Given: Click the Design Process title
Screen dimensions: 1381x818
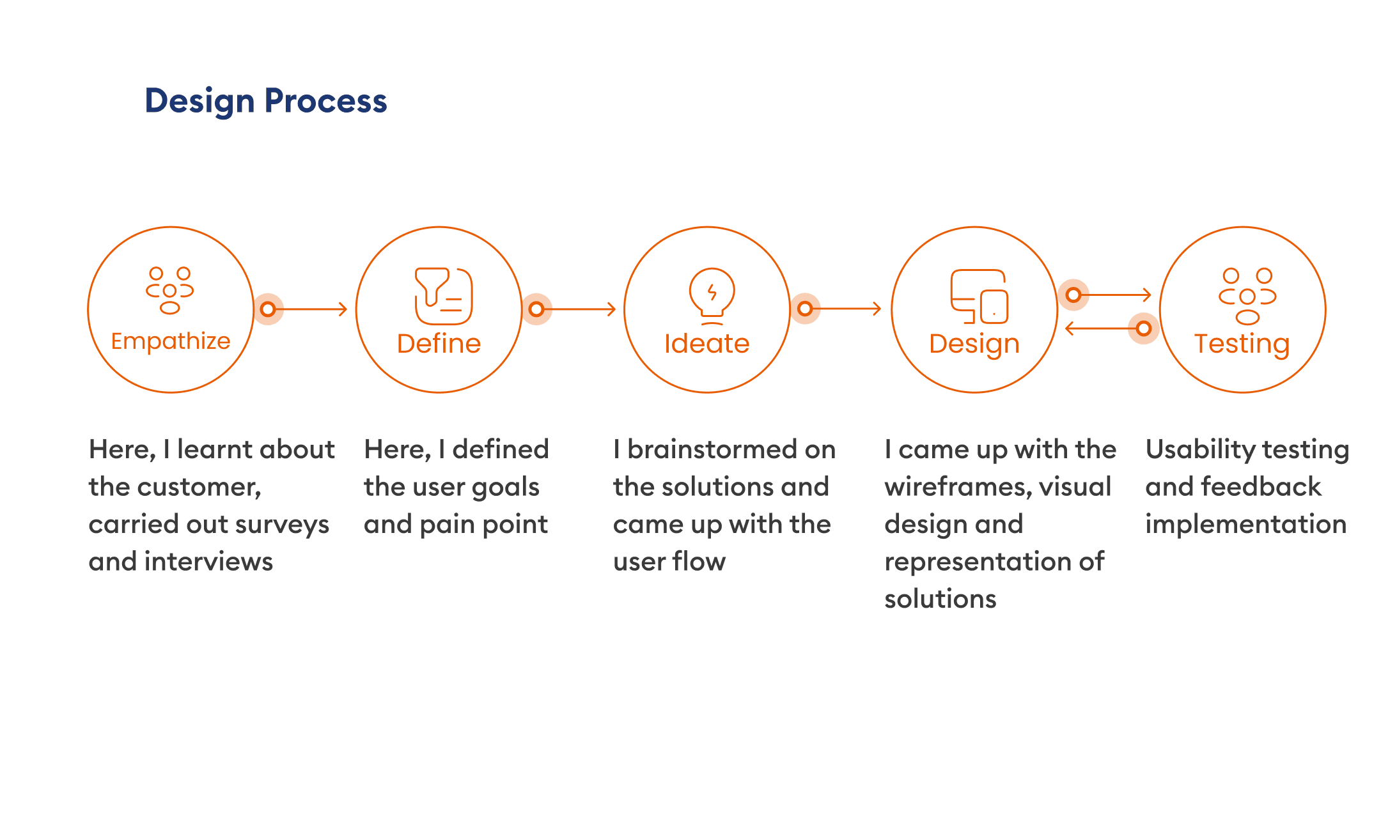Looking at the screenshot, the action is coord(266,101).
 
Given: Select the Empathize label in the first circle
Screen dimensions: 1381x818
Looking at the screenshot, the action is coord(171,341).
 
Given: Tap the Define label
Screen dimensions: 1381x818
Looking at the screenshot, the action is coord(439,344).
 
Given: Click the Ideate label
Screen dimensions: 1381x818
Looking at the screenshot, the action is coord(706,344).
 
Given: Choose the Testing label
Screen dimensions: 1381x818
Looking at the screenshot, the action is coord(1242,344).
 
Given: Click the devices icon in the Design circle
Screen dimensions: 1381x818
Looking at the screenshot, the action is coord(979,297).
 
